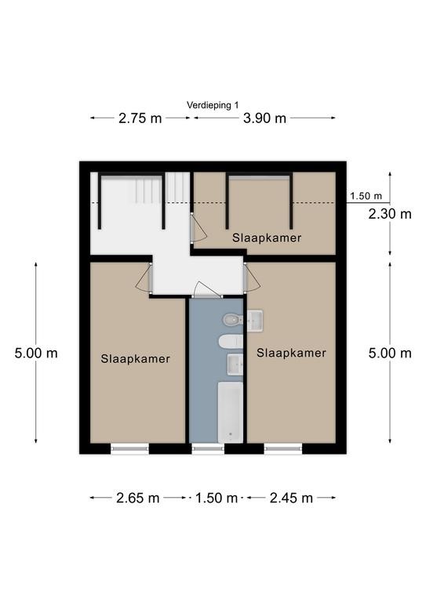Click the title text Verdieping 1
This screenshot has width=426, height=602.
point(213,105)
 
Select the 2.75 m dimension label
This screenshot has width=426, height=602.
point(140,118)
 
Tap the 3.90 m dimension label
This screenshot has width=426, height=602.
point(264,118)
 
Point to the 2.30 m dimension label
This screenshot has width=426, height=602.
point(390,214)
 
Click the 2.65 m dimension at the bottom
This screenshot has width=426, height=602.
point(138,498)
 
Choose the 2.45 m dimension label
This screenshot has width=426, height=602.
point(291,498)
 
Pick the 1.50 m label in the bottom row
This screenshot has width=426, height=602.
point(217,498)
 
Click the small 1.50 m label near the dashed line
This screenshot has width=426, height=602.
point(366,196)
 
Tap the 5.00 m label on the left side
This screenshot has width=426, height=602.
point(36,353)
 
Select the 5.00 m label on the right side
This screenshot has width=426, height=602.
point(390,353)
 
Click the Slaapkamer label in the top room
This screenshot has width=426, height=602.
point(267,238)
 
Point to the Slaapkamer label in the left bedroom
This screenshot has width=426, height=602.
point(135,359)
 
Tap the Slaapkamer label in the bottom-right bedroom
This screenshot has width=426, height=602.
point(291,353)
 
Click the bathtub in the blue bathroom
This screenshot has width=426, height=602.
point(231,412)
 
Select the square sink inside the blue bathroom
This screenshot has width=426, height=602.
point(235,364)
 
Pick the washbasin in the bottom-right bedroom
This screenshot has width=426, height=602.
point(255,320)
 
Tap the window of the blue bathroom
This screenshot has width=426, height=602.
point(207,448)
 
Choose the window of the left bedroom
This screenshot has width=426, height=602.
point(129,448)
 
